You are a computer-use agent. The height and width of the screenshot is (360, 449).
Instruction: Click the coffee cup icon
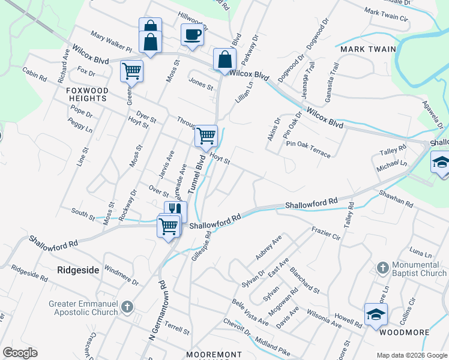point(192,34)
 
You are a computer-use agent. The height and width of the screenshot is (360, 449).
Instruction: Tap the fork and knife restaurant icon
point(175,210)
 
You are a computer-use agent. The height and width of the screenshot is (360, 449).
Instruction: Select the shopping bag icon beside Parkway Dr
point(224,59)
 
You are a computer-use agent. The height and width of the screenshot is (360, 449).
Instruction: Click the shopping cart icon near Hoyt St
point(206,136)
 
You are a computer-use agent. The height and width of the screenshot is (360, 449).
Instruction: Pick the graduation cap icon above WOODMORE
point(376,314)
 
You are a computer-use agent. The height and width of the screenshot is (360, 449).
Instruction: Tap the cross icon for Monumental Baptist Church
point(382,267)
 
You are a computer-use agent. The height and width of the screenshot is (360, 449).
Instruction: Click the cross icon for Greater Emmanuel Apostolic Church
point(126,308)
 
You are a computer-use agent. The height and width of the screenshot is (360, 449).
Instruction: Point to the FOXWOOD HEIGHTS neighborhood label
point(87,94)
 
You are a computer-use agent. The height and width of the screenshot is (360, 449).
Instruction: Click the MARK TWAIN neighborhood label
point(368,49)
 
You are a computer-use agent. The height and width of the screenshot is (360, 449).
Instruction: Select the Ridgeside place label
point(78,270)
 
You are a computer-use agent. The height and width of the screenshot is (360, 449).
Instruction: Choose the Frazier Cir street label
point(326,233)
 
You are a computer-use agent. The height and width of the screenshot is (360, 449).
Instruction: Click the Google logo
point(20,353)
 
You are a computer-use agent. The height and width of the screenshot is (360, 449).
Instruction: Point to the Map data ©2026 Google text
point(411,355)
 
